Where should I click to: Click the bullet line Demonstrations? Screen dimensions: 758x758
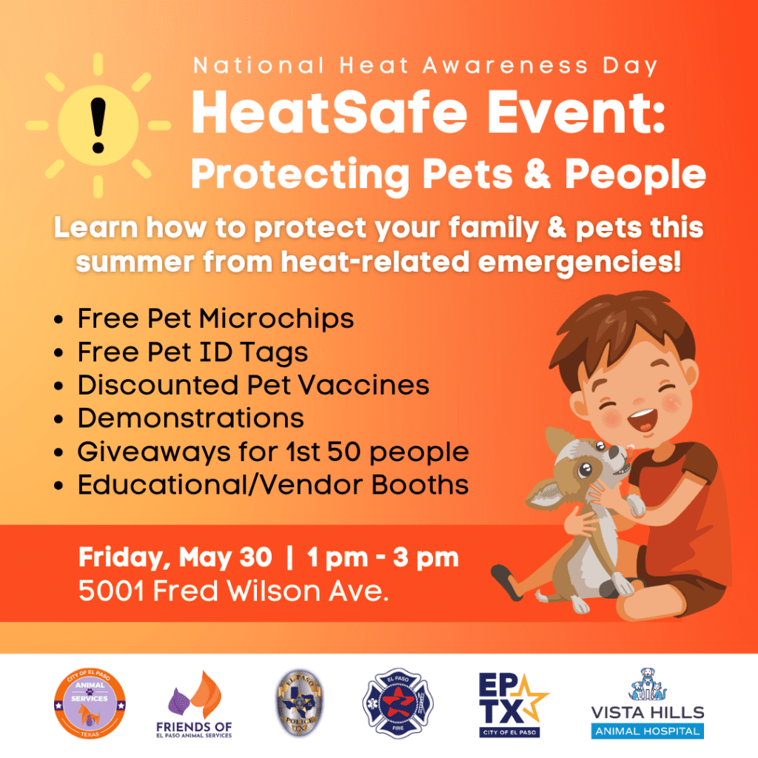click(191, 418)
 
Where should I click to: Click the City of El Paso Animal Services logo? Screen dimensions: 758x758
click(90, 705)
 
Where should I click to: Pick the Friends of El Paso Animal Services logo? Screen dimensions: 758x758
click(194, 705)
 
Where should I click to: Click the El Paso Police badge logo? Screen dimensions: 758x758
click(299, 704)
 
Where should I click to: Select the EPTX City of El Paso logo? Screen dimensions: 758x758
click(512, 704)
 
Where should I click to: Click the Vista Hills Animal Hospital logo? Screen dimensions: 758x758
click(647, 703)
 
